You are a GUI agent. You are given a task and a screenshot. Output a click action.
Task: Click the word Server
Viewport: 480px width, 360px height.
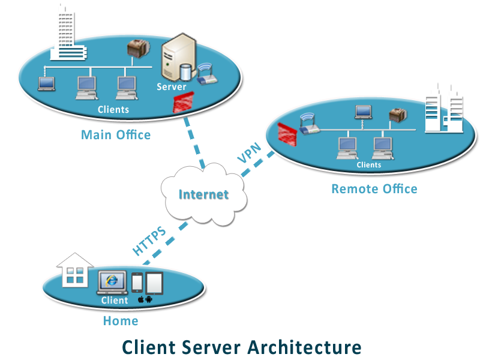click(x=172, y=87)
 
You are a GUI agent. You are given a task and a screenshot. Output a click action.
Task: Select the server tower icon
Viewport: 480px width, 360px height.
click(x=176, y=57)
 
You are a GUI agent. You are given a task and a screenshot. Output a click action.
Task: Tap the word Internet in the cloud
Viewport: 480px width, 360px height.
click(x=204, y=194)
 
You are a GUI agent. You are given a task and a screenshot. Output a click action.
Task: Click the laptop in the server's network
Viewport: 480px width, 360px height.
click(x=46, y=83)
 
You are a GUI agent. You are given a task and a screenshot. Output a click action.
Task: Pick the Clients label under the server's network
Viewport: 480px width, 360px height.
click(x=113, y=109)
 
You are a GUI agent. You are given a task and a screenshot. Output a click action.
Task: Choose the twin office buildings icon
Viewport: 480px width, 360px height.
click(x=443, y=108)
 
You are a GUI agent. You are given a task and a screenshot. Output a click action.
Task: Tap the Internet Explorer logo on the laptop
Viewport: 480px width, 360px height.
click(x=111, y=280)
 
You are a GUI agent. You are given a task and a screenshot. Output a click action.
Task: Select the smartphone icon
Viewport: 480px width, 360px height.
click(x=137, y=283)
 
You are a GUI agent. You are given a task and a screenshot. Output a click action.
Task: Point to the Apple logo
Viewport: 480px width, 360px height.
click(x=140, y=299)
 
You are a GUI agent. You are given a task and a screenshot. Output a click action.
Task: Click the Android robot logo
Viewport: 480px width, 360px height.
click(x=149, y=299)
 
